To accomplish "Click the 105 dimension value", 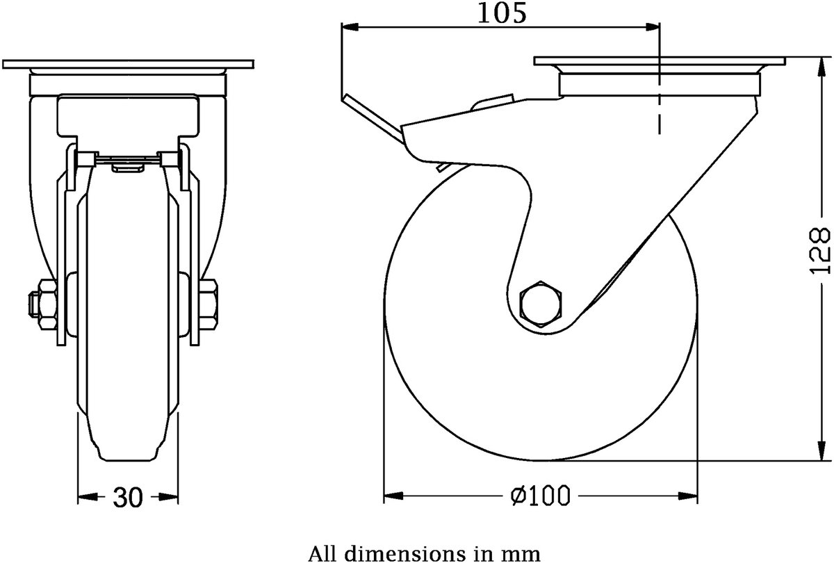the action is tap(502, 13).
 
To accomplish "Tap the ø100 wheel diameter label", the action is tap(540, 496).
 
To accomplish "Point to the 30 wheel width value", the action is tap(128, 498).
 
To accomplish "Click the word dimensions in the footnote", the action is tap(398, 553).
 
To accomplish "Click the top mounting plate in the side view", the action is tap(660, 61).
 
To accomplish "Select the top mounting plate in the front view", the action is tap(128, 64).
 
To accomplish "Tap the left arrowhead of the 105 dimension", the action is tap(350, 27).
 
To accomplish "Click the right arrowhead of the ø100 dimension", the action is tap(689, 496).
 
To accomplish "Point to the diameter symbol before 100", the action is tap(519, 496).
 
